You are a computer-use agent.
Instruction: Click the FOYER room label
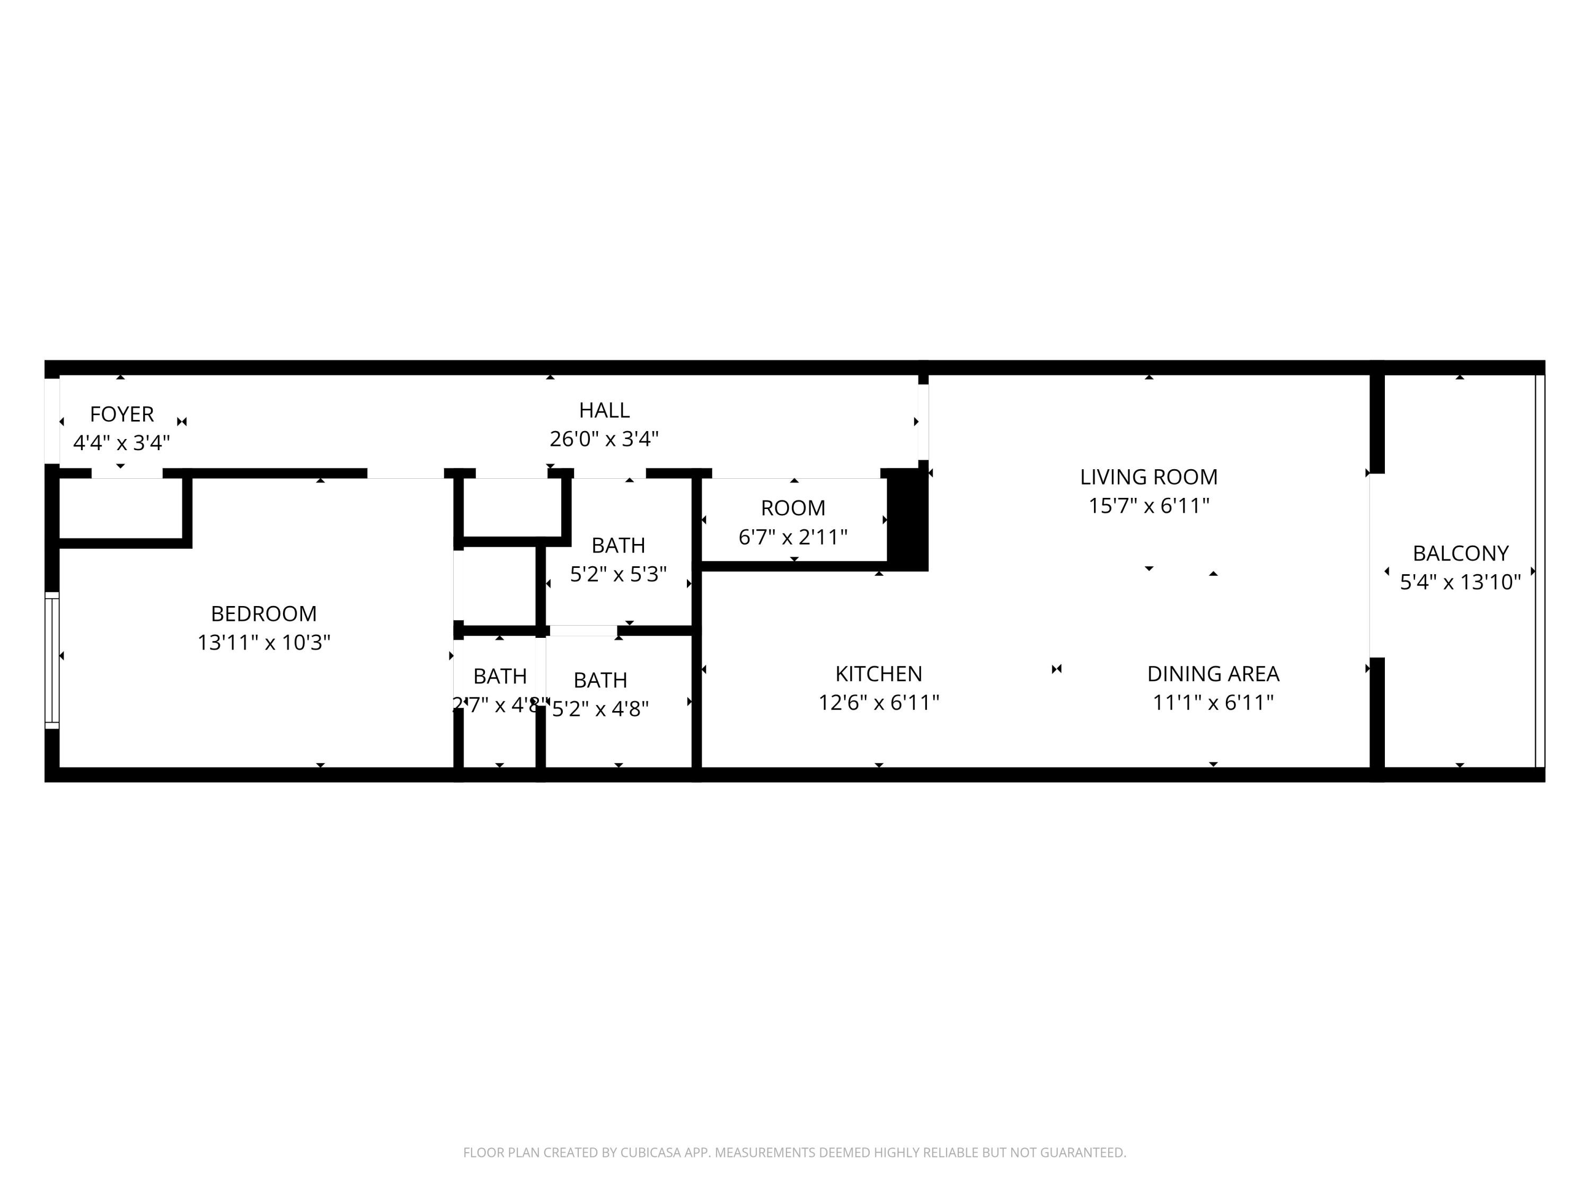click(121, 414)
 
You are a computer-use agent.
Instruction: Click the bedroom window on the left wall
click(52, 660)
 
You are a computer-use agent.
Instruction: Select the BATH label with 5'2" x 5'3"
click(617, 546)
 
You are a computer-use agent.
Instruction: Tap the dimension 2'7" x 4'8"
click(500, 705)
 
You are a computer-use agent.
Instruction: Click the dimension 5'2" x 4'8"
click(600, 709)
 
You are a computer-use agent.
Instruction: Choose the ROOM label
click(793, 508)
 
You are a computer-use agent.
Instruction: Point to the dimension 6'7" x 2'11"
click(793, 537)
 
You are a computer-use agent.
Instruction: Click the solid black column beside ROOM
click(907, 519)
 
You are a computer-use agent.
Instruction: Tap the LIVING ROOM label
click(1148, 477)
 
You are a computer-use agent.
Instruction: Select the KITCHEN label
click(878, 674)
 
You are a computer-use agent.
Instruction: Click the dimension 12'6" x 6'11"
click(878, 703)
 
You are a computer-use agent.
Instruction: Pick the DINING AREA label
click(1213, 674)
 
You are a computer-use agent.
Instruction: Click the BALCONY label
click(1460, 553)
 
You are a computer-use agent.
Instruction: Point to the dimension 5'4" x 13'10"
click(1460, 582)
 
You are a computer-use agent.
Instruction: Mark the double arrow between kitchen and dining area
click(1056, 669)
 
